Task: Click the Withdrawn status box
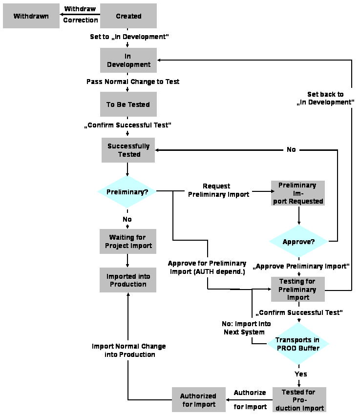[31, 16]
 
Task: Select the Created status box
[128, 16]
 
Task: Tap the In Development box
[128, 60]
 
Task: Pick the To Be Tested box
[128, 104]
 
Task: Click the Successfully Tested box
[128, 150]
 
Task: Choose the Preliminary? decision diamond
[127, 192]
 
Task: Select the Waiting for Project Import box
[128, 241]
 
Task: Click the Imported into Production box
[128, 280]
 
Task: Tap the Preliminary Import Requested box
[298, 193]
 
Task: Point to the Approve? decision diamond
[298, 242]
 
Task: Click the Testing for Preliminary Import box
[298, 289]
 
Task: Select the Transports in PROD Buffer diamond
[298, 344]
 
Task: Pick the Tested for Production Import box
[298, 400]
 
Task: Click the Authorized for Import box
[198, 400]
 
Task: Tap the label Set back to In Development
[325, 98]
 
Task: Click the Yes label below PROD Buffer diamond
[301, 373]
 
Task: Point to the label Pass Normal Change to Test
[133, 82]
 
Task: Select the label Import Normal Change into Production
[129, 350]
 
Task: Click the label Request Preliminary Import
[218, 190]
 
